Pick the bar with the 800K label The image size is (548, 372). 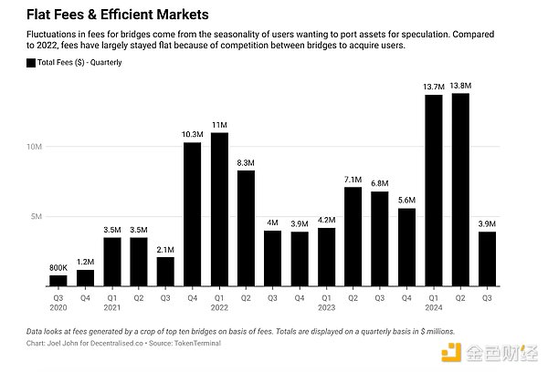coord(58,279)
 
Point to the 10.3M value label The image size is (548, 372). coord(192,133)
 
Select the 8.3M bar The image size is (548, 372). coord(246,227)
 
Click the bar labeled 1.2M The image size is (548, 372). coord(85,276)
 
